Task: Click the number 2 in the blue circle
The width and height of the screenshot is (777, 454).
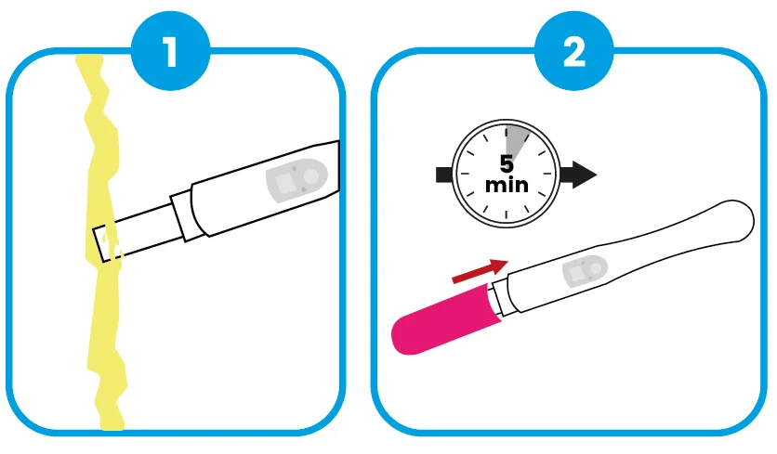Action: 574,51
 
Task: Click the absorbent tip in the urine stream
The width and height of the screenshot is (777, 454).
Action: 106,243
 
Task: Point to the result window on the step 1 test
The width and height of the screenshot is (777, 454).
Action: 296,180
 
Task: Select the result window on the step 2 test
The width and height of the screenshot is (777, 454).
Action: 585,271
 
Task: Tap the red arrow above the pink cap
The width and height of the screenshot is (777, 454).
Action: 481,271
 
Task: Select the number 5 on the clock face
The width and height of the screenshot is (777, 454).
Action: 506,163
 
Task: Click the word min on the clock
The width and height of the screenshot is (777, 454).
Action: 507,185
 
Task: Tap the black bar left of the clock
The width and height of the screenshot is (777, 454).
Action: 444,175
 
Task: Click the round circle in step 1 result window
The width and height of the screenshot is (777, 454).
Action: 310,175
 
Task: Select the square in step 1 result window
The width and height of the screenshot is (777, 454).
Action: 285,184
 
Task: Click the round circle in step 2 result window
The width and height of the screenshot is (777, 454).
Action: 596,268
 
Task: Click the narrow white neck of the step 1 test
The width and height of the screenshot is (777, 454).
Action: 149,228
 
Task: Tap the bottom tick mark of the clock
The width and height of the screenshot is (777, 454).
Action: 506,215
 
